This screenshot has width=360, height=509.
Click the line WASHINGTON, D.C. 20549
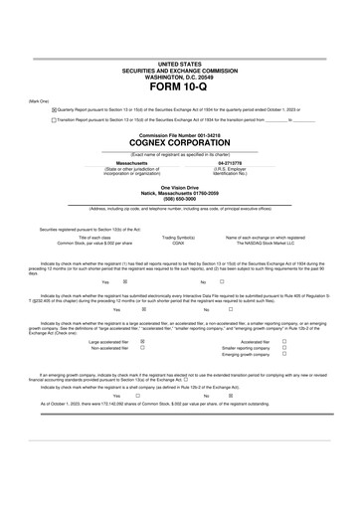pos(179,76)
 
